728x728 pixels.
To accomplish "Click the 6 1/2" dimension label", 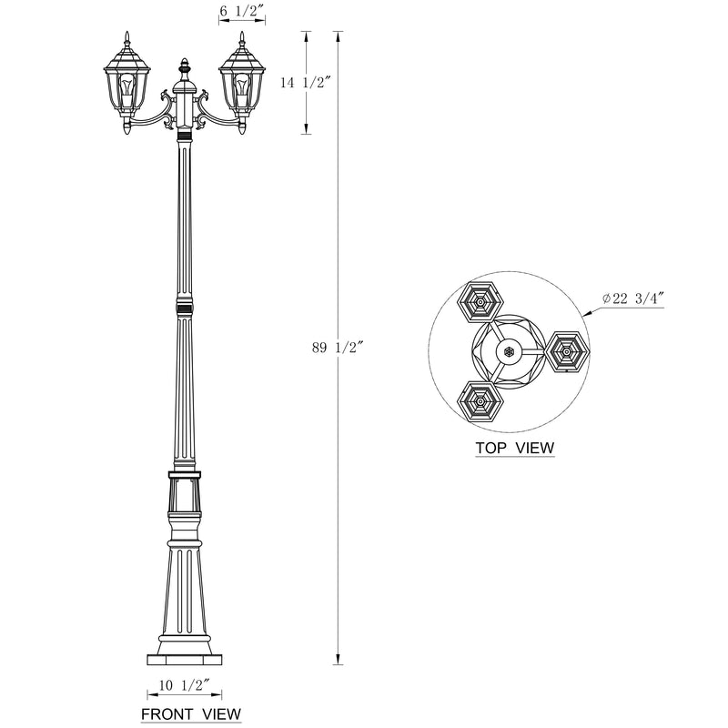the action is (241, 11).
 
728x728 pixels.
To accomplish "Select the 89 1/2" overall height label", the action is (336, 348).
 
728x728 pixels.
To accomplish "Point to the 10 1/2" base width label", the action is (185, 685).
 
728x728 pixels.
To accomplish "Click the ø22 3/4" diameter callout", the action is (633, 298).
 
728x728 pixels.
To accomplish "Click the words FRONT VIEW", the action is (191, 713).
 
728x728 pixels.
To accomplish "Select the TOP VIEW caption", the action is (515, 448).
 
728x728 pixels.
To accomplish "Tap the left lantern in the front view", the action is (126, 83).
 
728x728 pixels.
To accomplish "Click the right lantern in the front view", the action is (242, 83).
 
